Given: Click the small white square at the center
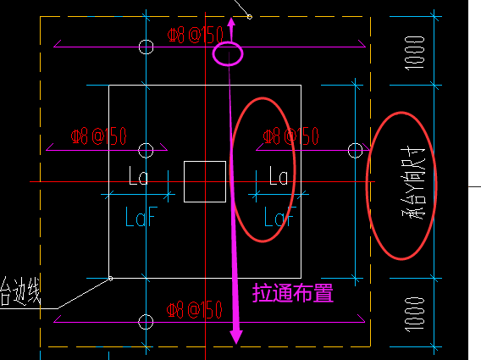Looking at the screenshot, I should (205, 181).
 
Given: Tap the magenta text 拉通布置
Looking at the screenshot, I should (293, 294).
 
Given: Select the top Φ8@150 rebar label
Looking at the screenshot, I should (196, 35).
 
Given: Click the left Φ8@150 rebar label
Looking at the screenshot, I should (99, 136).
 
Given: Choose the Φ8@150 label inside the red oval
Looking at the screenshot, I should (290, 136).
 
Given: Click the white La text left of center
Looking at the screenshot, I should (139, 177).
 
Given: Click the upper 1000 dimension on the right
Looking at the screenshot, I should (415, 53).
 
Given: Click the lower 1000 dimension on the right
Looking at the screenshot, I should (415, 313).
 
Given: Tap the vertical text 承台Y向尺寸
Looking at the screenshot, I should (415, 186).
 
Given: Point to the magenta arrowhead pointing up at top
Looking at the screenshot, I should (231, 21).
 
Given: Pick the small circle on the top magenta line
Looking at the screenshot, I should (146, 46).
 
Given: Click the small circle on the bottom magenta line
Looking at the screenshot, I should (146, 321).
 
